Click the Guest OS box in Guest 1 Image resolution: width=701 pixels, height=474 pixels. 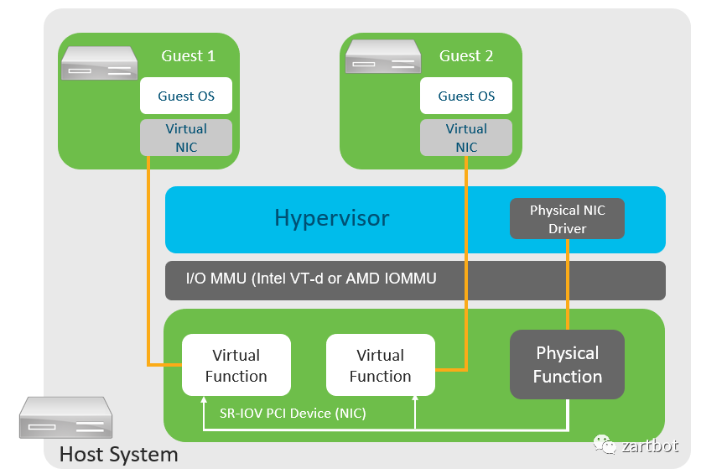coord(186,96)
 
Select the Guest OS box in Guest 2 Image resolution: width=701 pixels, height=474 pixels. coord(466,96)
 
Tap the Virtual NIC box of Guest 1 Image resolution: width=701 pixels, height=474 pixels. coord(186,138)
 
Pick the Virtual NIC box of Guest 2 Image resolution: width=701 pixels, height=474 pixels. coord(466,138)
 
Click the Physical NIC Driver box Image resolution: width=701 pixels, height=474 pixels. coord(567,219)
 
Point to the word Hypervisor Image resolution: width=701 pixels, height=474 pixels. coord(332,219)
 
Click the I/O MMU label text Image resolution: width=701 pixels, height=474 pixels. coord(311,279)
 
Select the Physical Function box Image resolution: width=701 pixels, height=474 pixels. coord(568,365)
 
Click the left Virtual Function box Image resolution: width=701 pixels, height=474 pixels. coord(236,366)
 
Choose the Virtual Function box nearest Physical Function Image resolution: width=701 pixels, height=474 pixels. coord(381,366)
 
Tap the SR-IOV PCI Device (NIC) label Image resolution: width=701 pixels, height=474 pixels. coord(293,413)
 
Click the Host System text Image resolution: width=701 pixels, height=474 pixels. coord(118,455)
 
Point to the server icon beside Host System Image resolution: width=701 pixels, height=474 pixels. coord(66,417)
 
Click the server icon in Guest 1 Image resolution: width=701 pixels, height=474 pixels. coord(99,64)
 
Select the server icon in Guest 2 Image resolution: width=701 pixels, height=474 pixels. coord(384,57)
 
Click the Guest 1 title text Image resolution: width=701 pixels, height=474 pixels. coord(188,56)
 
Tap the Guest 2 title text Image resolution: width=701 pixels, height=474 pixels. coord(466,56)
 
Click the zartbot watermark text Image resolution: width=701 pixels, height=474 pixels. coord(650,445)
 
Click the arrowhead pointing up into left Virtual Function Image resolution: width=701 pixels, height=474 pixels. coord(204,401)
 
